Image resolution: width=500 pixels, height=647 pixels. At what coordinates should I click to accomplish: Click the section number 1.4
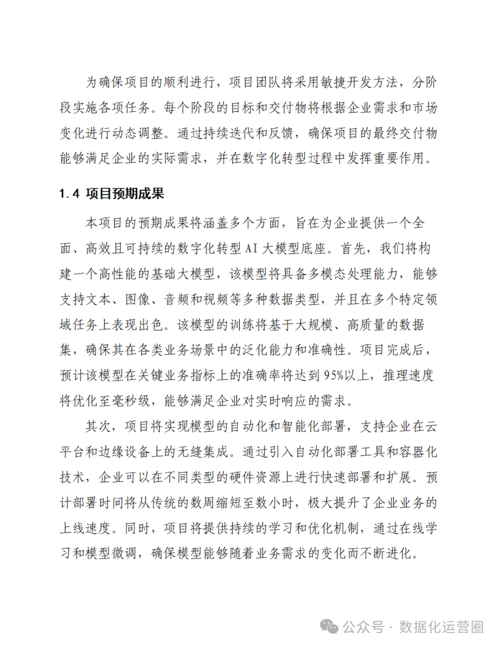(x=69, y=194)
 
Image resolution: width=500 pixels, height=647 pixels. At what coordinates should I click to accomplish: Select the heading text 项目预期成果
(x=125, y=194)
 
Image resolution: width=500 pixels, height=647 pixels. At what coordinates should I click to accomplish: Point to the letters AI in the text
(x=251, y=249)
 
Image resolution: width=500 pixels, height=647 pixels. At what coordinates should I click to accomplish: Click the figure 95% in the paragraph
(x=333, y=375)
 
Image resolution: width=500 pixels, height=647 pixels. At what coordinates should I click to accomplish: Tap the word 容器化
(x=411, y=452)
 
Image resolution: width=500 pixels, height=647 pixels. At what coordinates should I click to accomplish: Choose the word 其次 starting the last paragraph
(x=99, y=426)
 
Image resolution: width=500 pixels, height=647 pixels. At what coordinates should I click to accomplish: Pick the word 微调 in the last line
(x=125, y=553)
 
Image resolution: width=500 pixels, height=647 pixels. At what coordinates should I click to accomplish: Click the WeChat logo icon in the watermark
(x=329, y=627)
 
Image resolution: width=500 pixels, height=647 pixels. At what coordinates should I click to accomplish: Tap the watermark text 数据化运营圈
(x=441, y=627)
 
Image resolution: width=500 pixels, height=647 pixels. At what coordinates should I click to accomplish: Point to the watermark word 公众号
(x=363, y=627)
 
